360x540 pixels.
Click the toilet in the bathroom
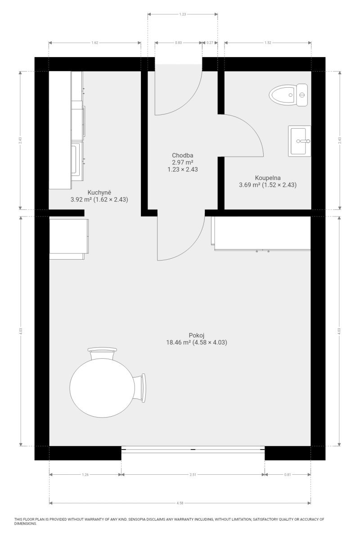(288, 95)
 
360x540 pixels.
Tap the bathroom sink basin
(299, 141)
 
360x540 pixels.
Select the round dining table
(102, 388)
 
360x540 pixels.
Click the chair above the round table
(102, 354)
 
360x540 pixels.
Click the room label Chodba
(183, 156)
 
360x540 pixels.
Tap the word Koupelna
(268, 178)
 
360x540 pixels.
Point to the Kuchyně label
(99, 193)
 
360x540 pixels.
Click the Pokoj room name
(197, 335)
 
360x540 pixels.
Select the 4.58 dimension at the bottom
(180, 503)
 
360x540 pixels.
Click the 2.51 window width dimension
(193, 475)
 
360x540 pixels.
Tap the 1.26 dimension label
(85, 475)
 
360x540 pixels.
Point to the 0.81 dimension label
(288, 475)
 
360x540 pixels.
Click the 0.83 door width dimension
(179, 43)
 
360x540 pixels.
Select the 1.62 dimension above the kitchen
(95, 43)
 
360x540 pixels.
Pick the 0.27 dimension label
(210, 43)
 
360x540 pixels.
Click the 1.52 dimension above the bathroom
(268, 43)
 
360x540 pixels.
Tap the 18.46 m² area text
(179, 342)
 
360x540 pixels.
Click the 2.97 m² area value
(183, 162)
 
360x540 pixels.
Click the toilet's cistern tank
(302, 95)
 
